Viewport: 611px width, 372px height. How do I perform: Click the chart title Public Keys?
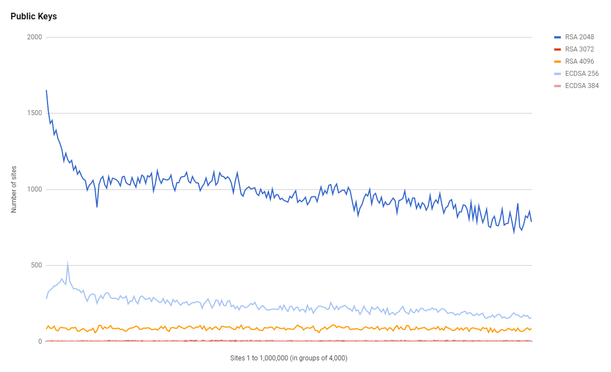34,17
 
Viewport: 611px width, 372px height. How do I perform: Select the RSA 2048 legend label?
579,37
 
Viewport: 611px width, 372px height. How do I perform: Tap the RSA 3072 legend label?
579,49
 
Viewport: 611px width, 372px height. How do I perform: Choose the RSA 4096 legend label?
579,61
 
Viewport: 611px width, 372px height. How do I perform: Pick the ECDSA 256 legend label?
582,74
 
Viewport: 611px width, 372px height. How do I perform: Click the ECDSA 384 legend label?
582,86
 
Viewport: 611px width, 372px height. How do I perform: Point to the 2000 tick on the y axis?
35,37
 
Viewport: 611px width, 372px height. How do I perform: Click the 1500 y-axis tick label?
35,113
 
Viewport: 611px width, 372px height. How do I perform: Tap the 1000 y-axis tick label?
35,189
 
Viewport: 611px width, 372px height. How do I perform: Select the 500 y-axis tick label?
36,265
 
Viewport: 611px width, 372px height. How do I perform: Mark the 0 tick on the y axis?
40,342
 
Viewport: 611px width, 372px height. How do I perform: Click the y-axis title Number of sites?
14,189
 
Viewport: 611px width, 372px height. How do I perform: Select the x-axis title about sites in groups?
289,358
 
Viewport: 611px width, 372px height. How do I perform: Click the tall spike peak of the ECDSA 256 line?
67,263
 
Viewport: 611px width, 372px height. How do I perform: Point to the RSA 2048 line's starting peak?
46,90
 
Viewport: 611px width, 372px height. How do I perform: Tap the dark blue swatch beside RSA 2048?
557,37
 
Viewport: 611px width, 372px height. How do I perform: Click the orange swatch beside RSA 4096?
557,61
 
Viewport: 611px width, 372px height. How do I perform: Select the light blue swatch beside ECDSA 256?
557,74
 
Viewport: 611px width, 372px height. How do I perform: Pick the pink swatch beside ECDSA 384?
557,86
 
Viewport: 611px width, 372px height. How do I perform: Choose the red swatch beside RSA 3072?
557,49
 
